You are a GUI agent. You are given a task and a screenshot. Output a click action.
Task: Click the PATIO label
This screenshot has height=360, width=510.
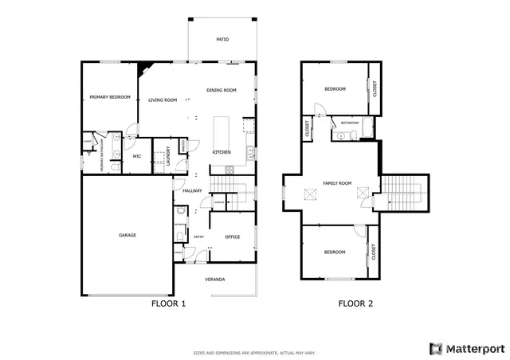coord(223,39)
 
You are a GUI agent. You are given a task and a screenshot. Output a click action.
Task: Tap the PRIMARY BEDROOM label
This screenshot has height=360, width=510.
coord(109,96)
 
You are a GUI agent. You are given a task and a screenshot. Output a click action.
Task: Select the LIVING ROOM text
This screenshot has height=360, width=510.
coord(163,100)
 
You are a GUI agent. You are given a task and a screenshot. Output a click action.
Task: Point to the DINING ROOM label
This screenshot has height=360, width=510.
coord(222,90)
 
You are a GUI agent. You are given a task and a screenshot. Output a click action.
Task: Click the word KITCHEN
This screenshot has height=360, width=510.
coord(222,152)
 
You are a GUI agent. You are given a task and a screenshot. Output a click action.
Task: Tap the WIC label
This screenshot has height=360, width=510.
coord(136,156)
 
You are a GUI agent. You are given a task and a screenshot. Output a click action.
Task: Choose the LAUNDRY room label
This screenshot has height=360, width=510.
coord(168,155)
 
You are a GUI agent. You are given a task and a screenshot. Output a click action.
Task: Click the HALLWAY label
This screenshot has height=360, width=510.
coord(192,190)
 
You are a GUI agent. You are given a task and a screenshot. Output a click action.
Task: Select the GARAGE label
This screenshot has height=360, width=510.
coord(127,235)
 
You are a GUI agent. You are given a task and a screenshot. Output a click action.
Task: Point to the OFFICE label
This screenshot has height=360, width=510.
coord(233,237)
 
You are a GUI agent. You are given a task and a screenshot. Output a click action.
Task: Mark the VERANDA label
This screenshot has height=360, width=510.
coord(214,280)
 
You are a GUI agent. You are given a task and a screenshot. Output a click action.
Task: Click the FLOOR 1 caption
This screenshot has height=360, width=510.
coord(168,303)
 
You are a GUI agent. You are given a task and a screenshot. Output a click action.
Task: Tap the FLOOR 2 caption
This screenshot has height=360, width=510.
coord(355,303)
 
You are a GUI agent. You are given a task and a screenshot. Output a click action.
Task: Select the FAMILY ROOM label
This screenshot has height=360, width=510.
coord(336,183)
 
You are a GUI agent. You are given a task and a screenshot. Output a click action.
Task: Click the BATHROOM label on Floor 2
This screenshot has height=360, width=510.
coord(350,123)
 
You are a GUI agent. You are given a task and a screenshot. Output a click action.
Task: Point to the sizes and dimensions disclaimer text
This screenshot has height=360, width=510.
coord(255,352)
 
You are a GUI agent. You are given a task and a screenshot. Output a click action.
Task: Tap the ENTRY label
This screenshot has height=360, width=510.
coord(198,237)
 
